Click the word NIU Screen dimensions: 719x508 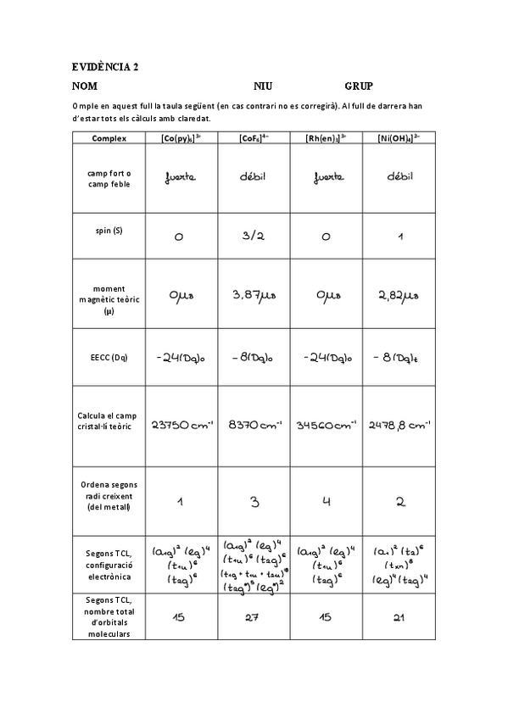tap(263, 86)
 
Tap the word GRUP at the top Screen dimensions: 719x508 tap(359, 86)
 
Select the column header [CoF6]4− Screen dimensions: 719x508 tap(254, 138)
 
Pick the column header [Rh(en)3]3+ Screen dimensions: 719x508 tap(326, 138)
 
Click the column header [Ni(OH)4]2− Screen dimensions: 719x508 tap(399, 138)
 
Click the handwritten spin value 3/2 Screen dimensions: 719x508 tap(254, 236)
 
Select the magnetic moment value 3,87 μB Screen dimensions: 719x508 tap(254, 295)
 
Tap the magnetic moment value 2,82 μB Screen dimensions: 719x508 tap(399, 295)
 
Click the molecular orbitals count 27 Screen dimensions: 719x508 tap(252, 617)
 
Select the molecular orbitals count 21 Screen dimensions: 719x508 tap(397, 617)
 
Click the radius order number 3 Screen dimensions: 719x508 tap(254, 501)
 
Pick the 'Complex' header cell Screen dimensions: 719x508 tap(109, 138)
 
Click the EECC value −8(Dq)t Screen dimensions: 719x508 tap(398, 358)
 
